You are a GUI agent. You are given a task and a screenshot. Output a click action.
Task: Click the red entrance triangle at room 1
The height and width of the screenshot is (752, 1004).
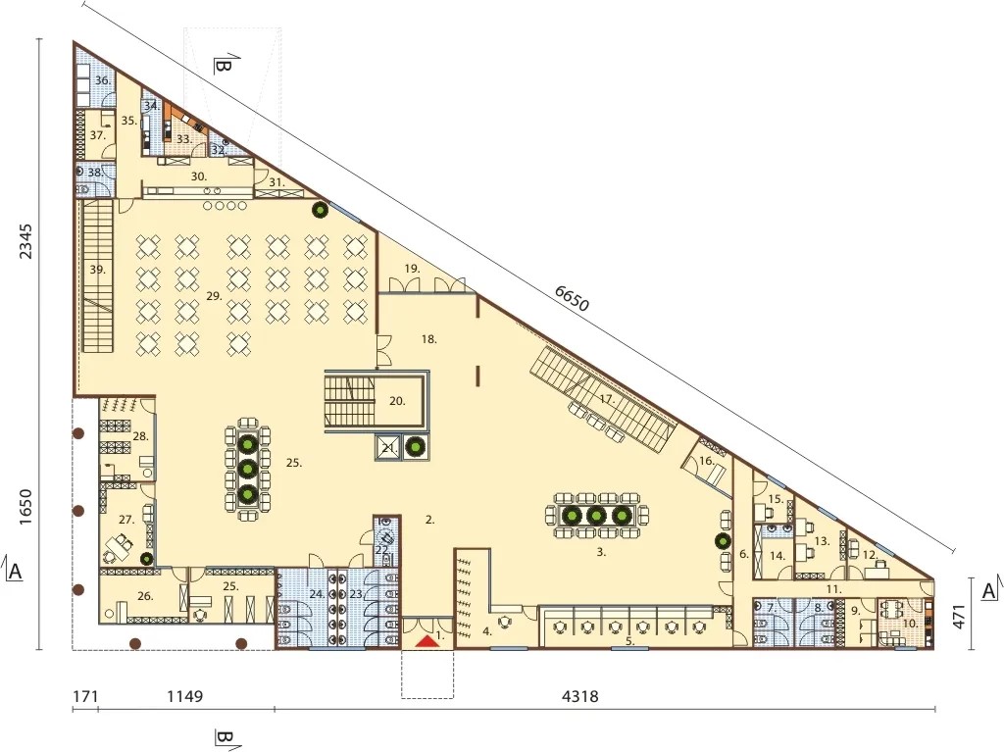pyautogui.click(x=427, y=642)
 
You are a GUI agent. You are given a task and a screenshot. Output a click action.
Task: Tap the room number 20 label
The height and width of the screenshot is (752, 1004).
pyautogui.click(x=397, y=401)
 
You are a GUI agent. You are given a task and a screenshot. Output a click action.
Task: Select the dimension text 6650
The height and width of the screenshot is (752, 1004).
pyautogui.click(x=572, y=298)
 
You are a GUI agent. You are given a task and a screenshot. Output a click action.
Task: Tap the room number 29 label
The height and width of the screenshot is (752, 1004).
pyautogui.click(x=214, y=296)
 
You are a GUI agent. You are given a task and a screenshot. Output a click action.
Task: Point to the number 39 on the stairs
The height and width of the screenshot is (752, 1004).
pyautogui.click(x=97, y=270)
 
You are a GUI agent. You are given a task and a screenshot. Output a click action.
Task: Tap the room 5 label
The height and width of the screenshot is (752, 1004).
pyautogui.click(x=629, y=640)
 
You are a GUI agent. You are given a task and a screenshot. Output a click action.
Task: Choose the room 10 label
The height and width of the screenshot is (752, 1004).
pyautogui.click(x=911, y=623)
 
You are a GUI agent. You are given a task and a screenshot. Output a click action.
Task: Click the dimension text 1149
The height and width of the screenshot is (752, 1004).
pyautogui.click(x=185, y=696)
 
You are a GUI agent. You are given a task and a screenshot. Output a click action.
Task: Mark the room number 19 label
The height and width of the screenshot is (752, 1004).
pyautogui.click(x=412, y=269)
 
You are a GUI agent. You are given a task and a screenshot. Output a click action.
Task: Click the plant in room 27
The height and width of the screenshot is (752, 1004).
pyautogui.click(x=146, y=559)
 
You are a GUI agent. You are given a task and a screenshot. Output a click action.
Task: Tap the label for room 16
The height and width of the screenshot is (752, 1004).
pyautogui.click(x=706, y=461)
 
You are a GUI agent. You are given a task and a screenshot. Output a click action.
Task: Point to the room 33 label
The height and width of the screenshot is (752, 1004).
pyautogui.click(x=183, y=139)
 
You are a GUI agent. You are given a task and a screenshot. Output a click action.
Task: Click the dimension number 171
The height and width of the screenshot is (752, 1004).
pyautogui.click(x=84, y=696)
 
